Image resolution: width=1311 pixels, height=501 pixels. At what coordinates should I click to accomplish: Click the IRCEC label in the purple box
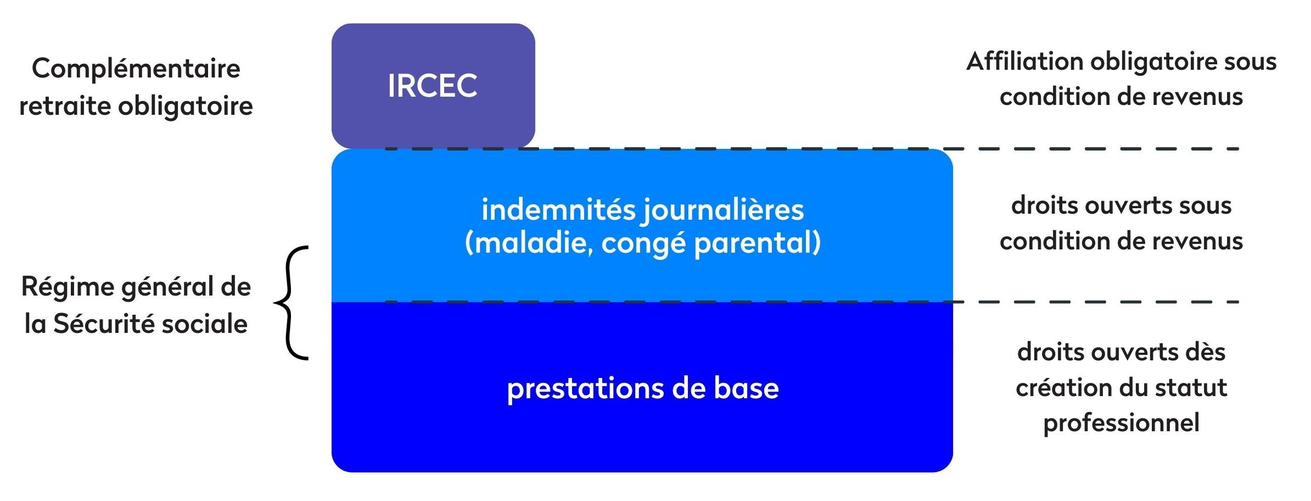[x=433, y=86]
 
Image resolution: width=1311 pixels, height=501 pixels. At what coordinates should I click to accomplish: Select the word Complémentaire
[x=136, y=69]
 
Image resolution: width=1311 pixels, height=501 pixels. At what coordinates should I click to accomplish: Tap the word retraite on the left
[x=65, y=105]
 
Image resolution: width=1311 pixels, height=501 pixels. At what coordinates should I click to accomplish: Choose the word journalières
[x=724, y=210]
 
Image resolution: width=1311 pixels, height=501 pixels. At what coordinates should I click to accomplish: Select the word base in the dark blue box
[x=746, y=388]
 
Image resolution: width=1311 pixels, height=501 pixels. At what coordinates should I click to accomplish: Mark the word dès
[x=1206, y=352]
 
